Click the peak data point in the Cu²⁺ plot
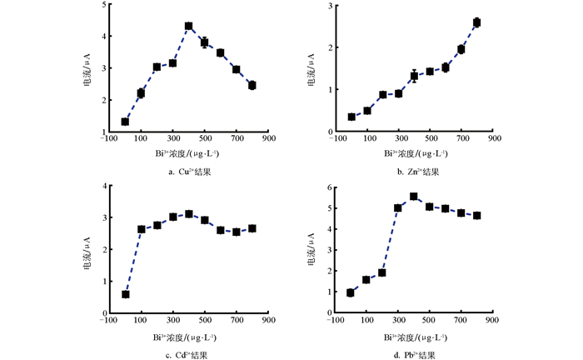(188, 50)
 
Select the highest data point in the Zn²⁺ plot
(477, 22)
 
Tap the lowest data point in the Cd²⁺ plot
(125, 294)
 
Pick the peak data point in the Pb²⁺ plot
(413, 197)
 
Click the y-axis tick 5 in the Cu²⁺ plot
(103, 5)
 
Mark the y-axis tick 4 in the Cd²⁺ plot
(103, 186)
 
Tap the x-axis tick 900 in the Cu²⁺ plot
(268, 139)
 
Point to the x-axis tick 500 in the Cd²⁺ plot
(204, 321)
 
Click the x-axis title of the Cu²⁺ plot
(187, 154)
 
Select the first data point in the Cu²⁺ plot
(125, 122)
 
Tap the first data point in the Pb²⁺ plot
(351, 292)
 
